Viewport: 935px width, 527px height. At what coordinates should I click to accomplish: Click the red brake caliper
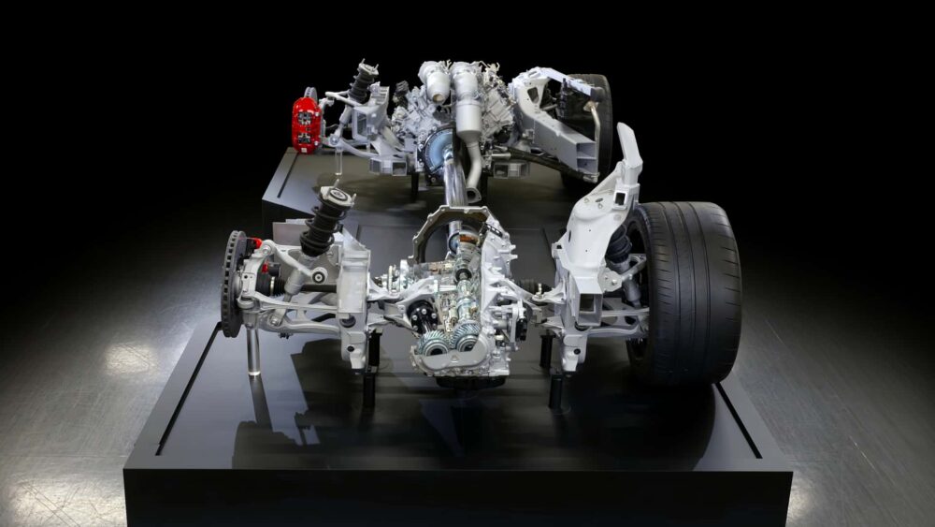[x=306, y=122]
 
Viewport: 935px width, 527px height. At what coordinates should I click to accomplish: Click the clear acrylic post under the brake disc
[x=252, y=351]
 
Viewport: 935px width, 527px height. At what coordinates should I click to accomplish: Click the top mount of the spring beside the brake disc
[x=337, y=196]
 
